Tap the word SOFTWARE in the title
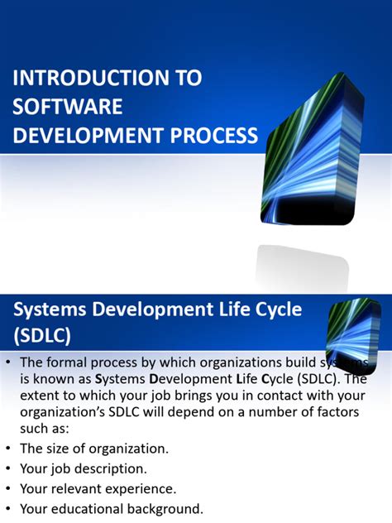pyautogui.click(x=68, y=107)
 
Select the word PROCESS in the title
pyautogui.click(x=215, y=135)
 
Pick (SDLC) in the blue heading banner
pyautogui.click(x=43, y=336)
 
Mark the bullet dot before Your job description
pyautogui.click(x=8, y=468)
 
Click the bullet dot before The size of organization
pyautogui.click(x=8, y=449)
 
